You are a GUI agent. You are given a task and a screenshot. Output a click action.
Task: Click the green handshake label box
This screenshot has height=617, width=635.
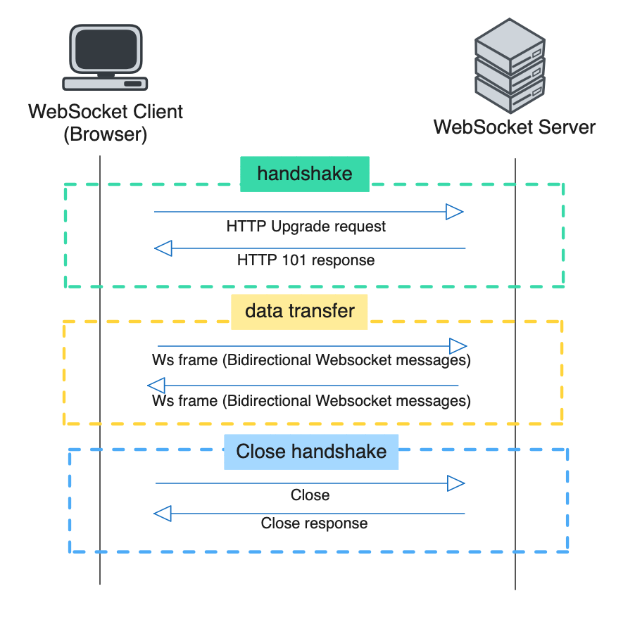coord(305,174)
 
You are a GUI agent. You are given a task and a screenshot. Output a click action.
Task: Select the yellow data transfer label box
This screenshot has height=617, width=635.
coord(299,311)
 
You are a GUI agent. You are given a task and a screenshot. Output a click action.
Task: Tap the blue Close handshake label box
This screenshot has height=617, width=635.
coord(311,452)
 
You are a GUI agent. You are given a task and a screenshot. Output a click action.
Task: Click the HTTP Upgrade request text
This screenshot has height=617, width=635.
coord(306,227)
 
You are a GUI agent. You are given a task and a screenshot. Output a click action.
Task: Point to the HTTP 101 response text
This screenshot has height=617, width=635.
coord(306,260)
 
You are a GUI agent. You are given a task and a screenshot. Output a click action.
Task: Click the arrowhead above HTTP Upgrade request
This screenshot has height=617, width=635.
coord(454,211)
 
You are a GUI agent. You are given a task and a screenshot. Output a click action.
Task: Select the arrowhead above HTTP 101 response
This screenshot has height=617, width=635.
coord(163,248)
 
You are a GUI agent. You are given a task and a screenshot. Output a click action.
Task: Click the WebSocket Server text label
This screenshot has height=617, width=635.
coord(515,127)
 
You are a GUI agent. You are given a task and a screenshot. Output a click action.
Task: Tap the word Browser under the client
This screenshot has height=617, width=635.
coord(105,134)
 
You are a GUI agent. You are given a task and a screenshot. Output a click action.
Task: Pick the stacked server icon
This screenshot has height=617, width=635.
coord(510,67)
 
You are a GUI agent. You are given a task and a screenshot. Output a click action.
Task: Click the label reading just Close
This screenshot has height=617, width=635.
coord(310,495)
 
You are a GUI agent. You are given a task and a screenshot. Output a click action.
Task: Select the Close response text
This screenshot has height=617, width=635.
coord(314,523)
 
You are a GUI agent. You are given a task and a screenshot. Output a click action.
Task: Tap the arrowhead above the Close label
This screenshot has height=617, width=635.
coord(455,483)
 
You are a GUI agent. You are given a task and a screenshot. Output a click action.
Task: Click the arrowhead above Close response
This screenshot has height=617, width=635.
coord(163,514)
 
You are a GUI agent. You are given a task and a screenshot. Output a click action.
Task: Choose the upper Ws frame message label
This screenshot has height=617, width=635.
coord(311,360)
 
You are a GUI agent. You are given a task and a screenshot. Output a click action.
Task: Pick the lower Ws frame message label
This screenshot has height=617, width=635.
coord(311,401)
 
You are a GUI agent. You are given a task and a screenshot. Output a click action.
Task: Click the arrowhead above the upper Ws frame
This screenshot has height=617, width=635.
coord(458,345)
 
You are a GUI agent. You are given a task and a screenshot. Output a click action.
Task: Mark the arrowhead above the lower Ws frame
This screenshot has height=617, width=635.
coord(156,386)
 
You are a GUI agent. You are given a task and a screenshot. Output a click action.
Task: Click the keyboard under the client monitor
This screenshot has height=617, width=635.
coord(105,83)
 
